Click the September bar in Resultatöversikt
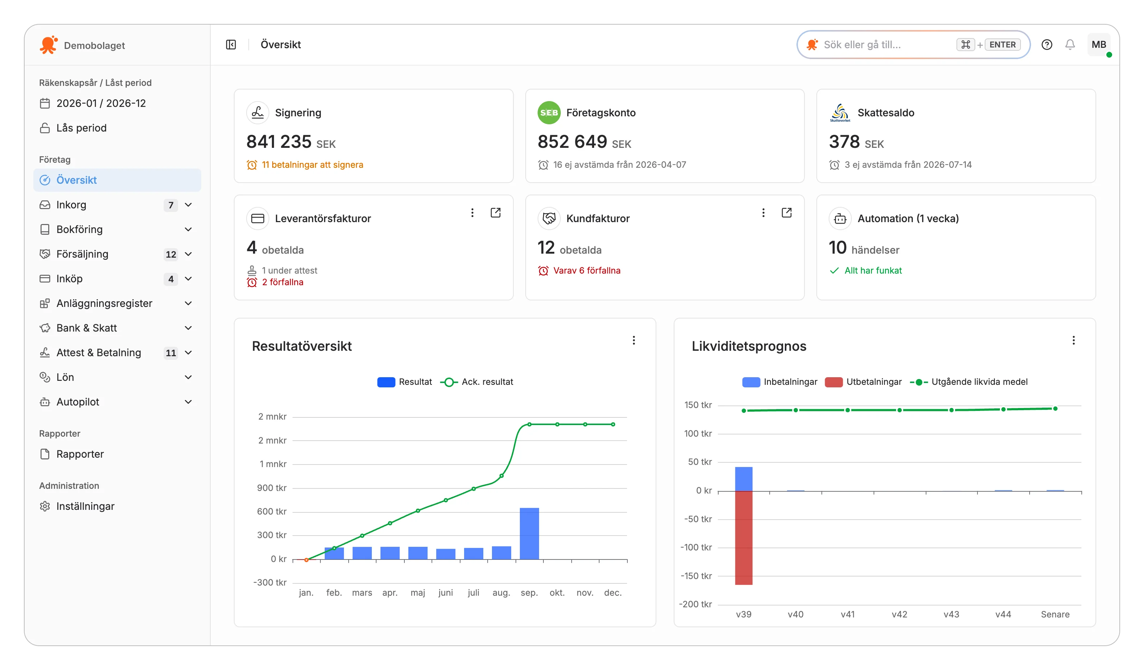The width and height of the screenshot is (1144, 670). coord(529,533)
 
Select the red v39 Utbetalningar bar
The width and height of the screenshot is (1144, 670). coord(744,538)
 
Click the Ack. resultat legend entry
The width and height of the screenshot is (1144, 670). coord(477,382)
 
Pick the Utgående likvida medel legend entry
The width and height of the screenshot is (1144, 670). coord(969,382)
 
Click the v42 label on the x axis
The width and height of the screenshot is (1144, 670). coord(899,615)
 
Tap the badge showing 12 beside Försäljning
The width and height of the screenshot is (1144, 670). coord(171,254)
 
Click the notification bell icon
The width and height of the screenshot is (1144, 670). coord(1070,45)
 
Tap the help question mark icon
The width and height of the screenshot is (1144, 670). coord(1047,45)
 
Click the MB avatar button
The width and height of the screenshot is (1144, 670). coord(1099,45)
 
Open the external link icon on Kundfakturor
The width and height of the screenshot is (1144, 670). coord(787,213)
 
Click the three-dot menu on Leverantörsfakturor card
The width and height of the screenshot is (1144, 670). coord(472,213)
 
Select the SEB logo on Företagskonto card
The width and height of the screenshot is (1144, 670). coord(549,113)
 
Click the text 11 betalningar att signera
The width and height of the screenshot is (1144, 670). coord(312,165)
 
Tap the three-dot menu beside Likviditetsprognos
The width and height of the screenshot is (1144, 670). coord(1074,340)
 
